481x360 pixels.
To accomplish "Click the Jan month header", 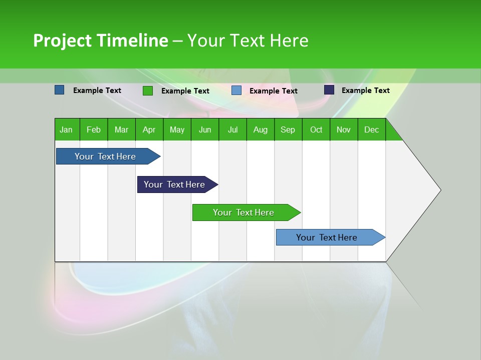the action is tap(66, 129).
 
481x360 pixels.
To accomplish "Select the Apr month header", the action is tap(149, 129).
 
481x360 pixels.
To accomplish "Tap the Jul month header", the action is tap(232, 129).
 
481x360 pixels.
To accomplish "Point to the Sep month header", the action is tap(288, 129).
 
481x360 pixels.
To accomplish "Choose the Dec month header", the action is tap(371, 129).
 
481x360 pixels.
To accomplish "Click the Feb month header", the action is tap(94, 129).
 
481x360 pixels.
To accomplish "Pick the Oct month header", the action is tap(316, 129).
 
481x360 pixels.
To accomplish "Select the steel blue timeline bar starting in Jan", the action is tap(105, 156).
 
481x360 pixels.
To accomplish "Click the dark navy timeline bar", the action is tap(174, 184).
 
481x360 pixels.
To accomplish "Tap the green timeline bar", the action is tap(244, 212).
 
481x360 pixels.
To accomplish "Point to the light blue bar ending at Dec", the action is tap(327, 237).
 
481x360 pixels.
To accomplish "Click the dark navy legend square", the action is tap(329, 90).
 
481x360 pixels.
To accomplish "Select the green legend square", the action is tap(148, 90).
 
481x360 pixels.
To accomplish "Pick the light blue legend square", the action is tap(236, 90).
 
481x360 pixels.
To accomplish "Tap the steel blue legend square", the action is tap(60, 90).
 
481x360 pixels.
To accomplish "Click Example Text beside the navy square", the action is tap(365, 90).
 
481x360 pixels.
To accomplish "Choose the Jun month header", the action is tap(205, 129).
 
